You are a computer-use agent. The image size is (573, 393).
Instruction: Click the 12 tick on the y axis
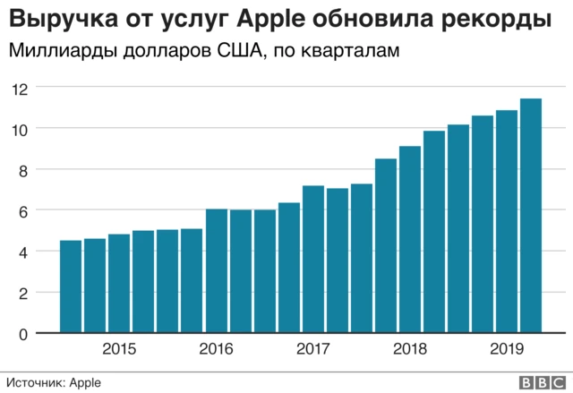[x=20, y=88]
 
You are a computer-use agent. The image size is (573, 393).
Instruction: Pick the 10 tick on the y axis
[x=20, y=129]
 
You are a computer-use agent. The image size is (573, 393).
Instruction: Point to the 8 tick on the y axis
[x=24, y=170]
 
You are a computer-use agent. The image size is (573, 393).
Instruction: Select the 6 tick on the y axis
[x=24, y=211]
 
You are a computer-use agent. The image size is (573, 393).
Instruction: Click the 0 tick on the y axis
[x=24, y=334]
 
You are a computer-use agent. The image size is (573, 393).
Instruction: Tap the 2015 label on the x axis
[x=120, y=349]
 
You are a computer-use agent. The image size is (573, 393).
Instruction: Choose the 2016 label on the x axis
[x=216, y=349]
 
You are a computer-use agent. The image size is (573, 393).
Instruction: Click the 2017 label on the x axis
[x=312, y=349]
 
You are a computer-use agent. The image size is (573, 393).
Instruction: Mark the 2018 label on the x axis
[x=409, y=349]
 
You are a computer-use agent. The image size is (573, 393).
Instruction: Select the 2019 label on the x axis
[x=506, y=349]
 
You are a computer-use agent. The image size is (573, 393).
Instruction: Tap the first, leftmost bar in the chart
[x=70, y=286]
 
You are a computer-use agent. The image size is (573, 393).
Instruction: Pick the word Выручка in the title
[x=54, y=19]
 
